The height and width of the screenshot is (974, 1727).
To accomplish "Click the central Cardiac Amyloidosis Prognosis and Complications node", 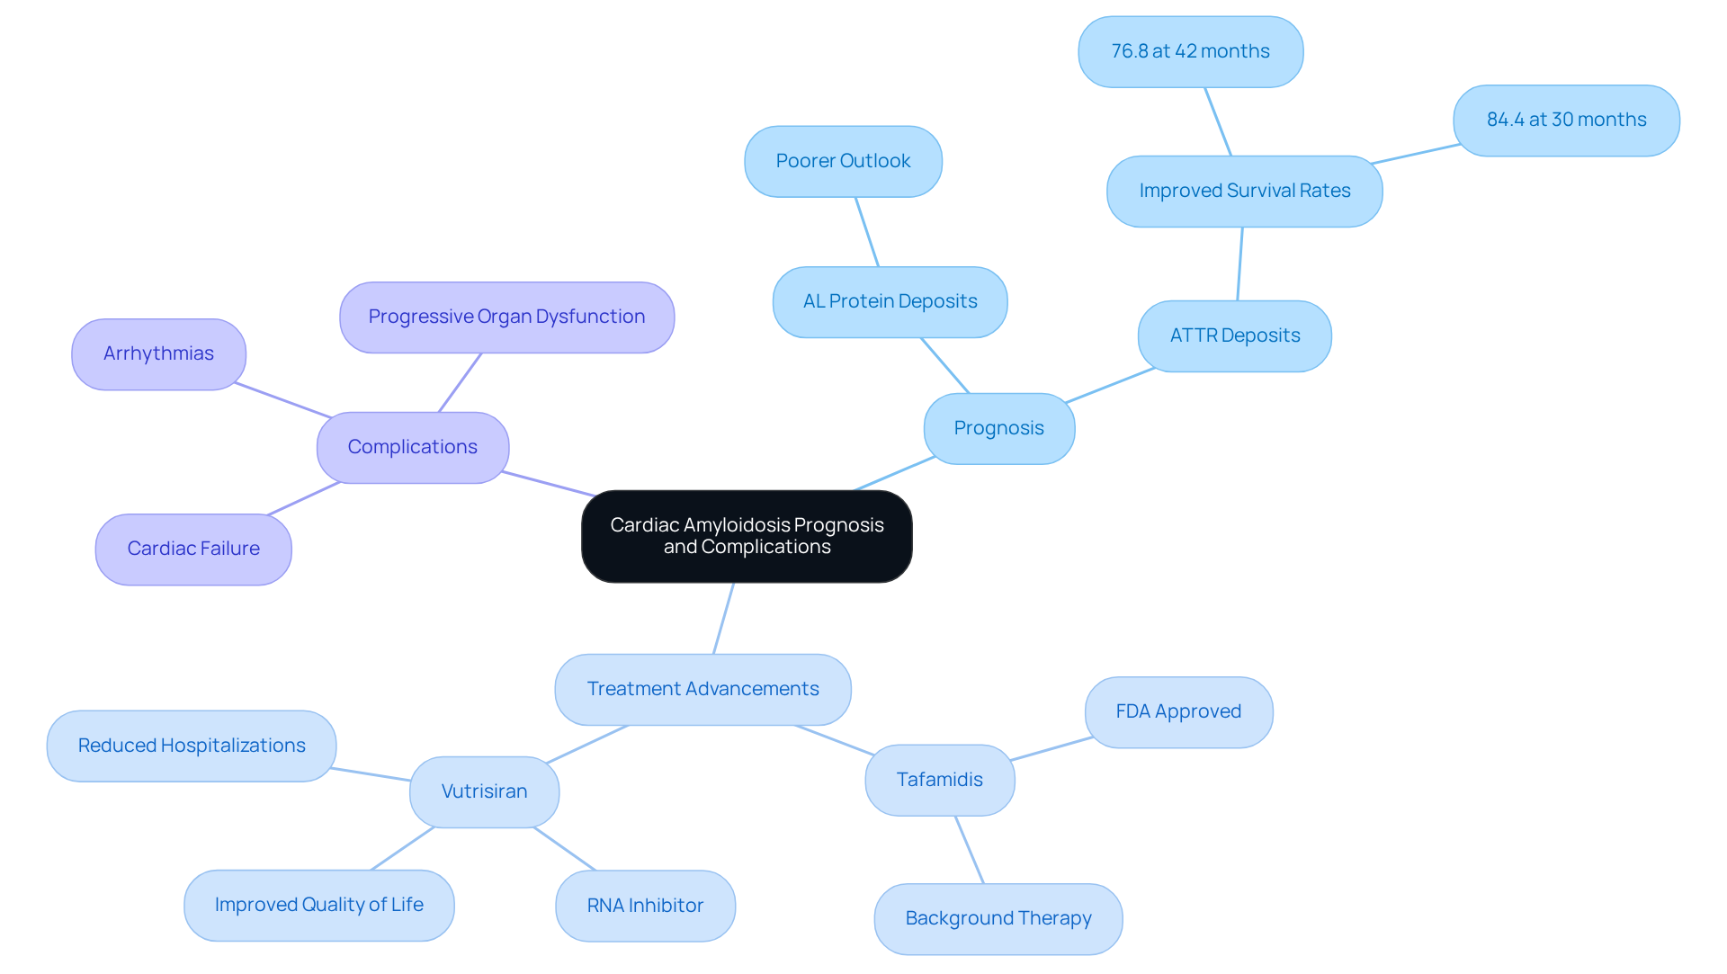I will pos(747,536).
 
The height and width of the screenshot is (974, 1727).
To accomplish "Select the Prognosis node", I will pos(998,428).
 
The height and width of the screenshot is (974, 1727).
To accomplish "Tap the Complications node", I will pos(412,447).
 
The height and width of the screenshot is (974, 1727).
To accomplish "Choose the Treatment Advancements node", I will pos(702,689).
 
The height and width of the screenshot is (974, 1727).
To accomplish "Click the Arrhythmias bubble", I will pos(158,353).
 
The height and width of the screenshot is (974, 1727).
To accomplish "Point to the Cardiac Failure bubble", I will pos(193,549).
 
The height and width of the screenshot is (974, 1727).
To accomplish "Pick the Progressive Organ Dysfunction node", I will pos(506,317).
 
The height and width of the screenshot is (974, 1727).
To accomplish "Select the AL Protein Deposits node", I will pos(890,301).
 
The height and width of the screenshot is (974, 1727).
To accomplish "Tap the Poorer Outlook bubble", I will pos(843,161).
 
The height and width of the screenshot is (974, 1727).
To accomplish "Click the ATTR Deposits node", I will pos(1234,335).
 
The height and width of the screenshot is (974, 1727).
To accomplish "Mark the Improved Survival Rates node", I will pos(1244,191).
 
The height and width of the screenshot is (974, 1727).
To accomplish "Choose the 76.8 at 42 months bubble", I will pos(1190,51).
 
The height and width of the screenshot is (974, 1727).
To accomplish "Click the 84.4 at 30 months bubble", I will pos(1566,120).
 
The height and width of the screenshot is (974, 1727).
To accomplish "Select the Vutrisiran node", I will pos(484,791).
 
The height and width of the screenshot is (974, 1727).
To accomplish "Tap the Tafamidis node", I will pos(939,780).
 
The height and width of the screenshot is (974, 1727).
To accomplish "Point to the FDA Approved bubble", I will pos(1178,711).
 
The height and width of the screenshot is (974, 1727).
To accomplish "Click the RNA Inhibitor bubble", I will pos(645,906).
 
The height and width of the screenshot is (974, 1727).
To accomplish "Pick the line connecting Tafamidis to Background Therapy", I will pos(970,850).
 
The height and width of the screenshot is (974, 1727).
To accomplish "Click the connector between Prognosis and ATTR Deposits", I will pos(1110,385).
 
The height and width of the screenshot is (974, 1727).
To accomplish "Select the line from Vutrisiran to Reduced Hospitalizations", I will pos(371,774).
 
